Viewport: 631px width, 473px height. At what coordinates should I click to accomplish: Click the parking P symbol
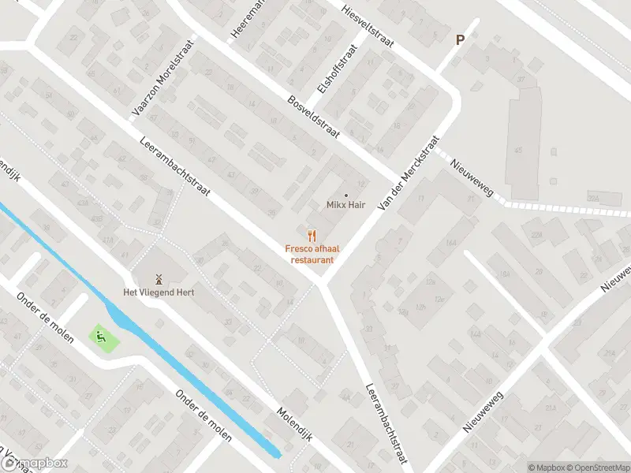(x=460, y=39)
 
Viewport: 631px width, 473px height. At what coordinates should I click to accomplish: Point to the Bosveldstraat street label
(x=314, y=115)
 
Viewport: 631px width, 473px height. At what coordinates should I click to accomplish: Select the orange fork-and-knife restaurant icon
(x=312, y=234)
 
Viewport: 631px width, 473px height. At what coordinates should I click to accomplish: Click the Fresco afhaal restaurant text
(x=312, y=254)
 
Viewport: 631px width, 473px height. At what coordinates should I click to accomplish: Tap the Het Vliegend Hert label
(x=158, y=292)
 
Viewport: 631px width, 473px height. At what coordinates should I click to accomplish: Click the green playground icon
(x=101, y=337)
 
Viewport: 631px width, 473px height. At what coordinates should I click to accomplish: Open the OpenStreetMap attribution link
(x=597, y=467)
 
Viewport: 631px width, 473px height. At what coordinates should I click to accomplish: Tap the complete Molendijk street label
(x=295, y=424)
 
